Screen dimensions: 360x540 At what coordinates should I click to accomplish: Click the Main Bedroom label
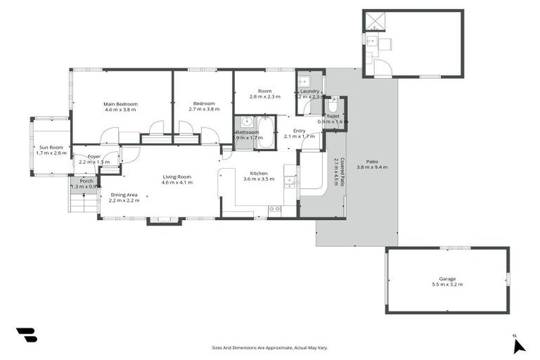121,104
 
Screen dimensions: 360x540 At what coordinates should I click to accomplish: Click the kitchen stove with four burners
274,209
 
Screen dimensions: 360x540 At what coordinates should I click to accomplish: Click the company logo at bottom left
26,335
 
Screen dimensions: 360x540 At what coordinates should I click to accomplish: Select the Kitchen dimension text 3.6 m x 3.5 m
256,179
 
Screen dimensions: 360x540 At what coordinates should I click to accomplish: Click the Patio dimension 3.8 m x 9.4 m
372,167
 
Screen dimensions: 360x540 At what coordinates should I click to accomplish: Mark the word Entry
300,130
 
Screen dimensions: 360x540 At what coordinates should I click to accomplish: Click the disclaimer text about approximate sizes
270,347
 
